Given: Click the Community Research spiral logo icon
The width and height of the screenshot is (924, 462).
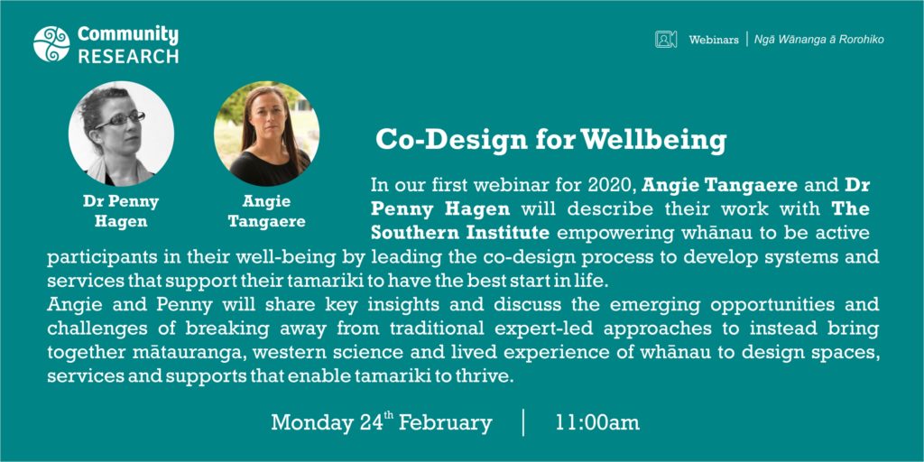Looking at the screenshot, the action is [51, 44].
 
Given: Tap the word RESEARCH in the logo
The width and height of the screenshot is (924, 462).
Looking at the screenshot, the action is [128, 56].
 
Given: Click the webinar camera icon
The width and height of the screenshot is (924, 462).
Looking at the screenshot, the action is [666, 40].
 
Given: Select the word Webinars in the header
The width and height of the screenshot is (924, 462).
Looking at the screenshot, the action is [714, 40].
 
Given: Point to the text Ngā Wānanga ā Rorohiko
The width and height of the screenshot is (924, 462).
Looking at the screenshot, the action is [819, 40].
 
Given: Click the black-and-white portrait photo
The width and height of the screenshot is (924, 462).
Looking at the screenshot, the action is [121, 134].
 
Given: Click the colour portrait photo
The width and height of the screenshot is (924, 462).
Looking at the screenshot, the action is [267, 134].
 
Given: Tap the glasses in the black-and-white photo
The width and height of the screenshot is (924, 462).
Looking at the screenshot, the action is [120, 120].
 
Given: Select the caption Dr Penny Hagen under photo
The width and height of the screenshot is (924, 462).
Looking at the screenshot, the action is [121, 211].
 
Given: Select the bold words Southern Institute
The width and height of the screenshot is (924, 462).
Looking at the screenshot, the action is [460, 233].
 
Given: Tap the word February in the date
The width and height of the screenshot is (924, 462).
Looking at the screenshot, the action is [446, 423].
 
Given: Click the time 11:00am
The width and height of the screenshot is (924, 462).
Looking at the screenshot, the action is [597, 423].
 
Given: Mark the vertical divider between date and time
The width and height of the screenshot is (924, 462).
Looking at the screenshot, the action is [523, 422].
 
